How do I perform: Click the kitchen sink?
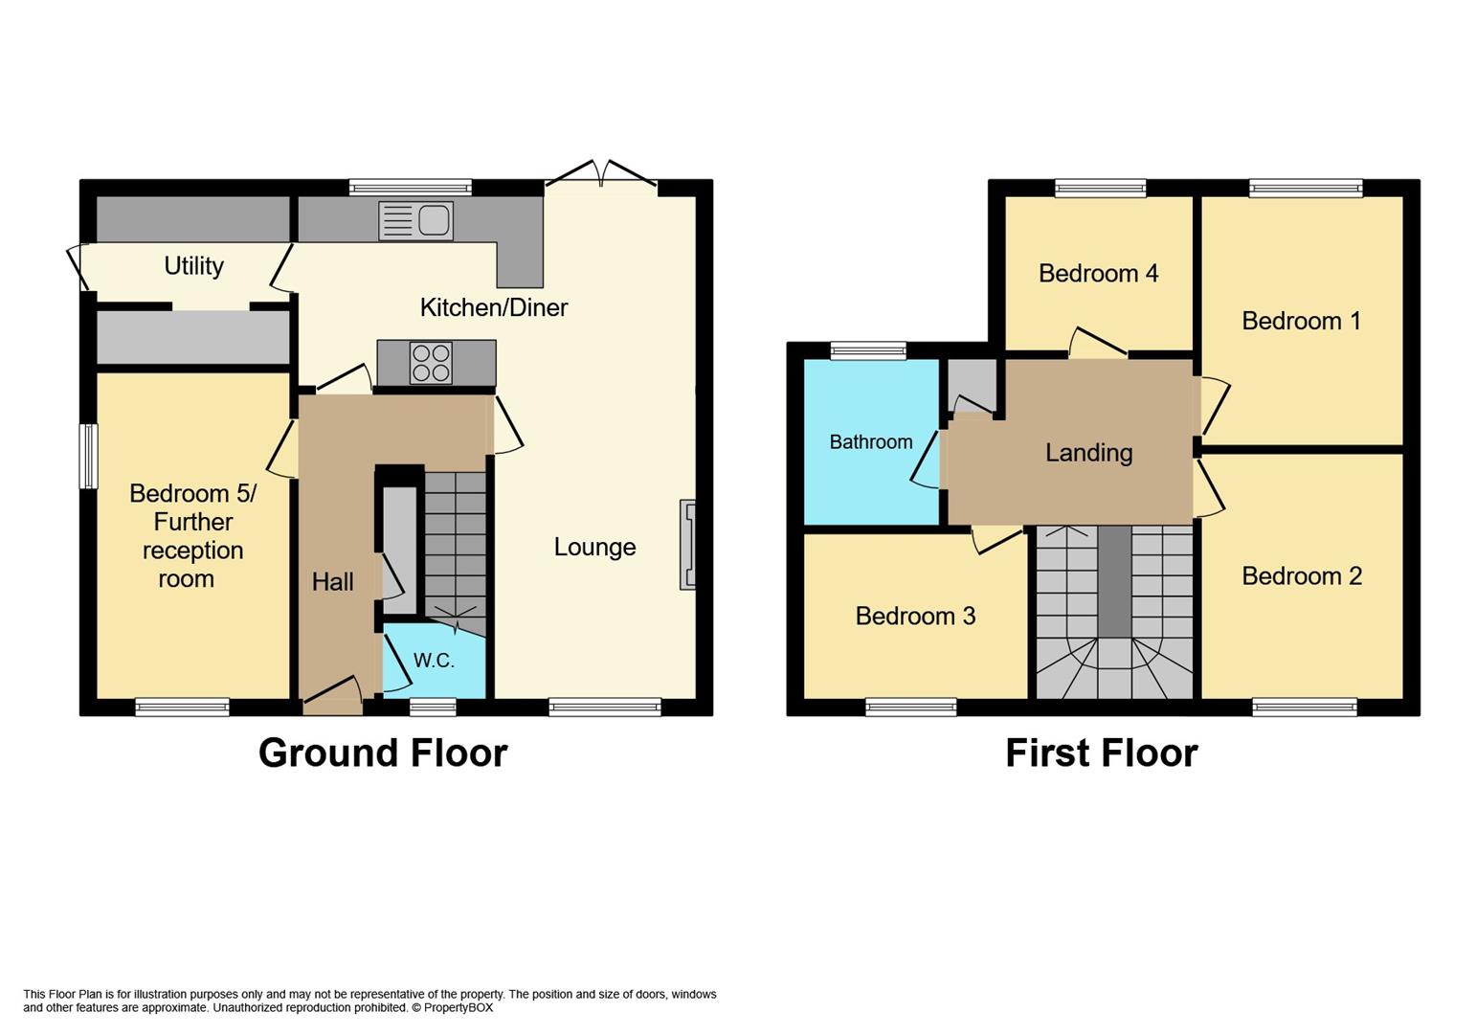[415, 221]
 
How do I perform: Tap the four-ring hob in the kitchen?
[430, 363]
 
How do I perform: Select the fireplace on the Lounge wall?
[687, 544]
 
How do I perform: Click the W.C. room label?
[434, 661]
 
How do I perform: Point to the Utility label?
[193, 266]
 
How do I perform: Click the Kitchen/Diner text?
[494, 307]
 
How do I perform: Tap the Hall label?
[332, 581]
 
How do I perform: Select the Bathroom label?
[870, 442]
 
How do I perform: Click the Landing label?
[1088, 453]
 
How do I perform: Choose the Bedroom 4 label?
[1098, 274]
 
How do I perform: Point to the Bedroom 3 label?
[915, 616]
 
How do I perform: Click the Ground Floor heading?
[383, 753]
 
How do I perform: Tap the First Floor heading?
[1101, 753]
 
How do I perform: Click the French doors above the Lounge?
[601, 175]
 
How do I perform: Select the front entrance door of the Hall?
[332, 699]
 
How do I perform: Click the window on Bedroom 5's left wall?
[88, 456]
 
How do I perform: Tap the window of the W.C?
[433, 708]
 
